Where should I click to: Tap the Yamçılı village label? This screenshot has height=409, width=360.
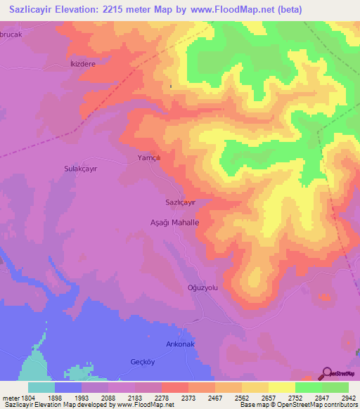coord(149,159)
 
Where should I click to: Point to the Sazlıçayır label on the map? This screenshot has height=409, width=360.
coord(180,202)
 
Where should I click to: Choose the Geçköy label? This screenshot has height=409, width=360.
coord(142,362)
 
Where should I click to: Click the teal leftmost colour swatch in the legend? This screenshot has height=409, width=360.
coord(41,387)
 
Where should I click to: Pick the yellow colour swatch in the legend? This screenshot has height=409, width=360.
coord(281,387)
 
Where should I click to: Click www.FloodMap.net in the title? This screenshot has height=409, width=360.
coord(240,11)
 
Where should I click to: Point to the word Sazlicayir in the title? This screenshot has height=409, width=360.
coord(32,11)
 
